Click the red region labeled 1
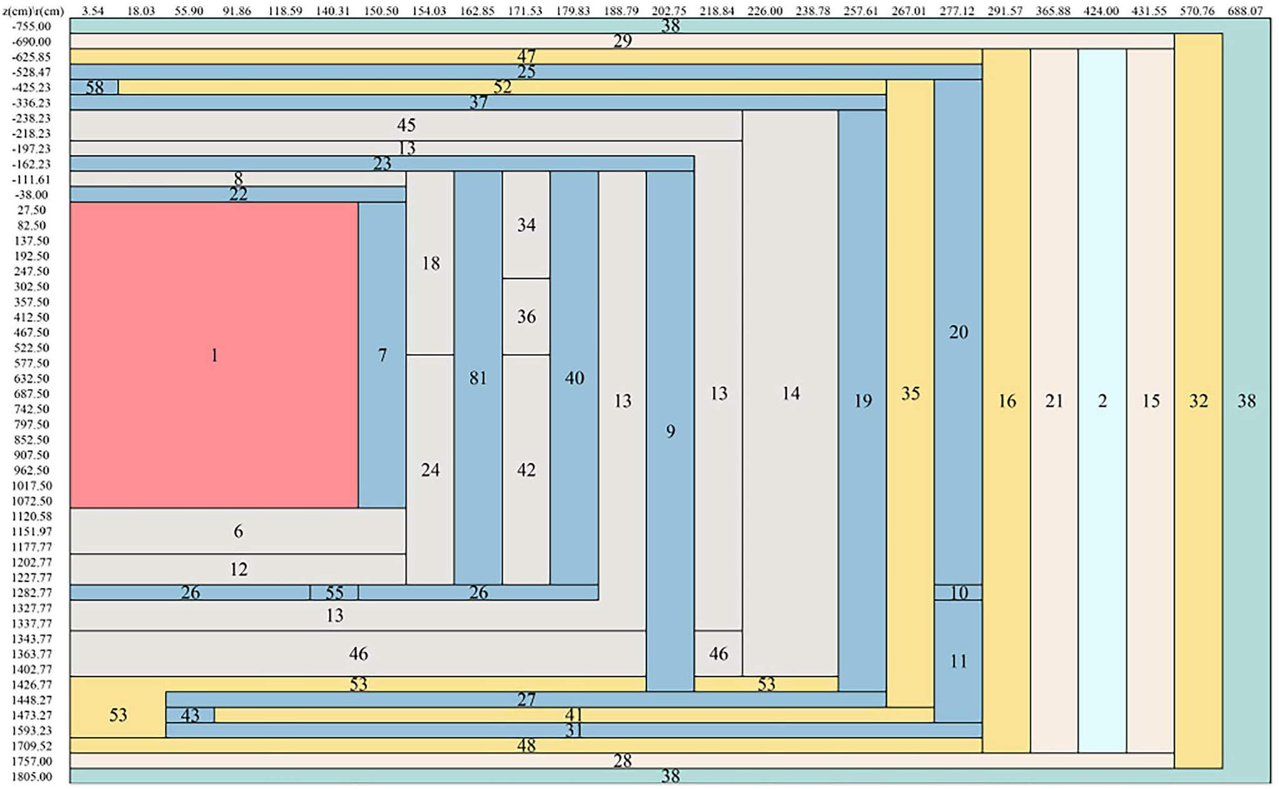tap(214, 355)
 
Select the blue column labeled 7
tap(382, 355)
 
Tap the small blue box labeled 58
tap(94, 87)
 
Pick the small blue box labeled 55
tap(334, 592)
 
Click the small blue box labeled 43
tap(190, 715)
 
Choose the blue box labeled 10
tap(958, 592)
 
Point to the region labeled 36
tap(526, 316)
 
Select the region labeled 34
tap(526, 225)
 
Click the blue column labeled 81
tap(478, 378)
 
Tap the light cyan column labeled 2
tap(1102, 401)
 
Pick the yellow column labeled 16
tap(1006, 401)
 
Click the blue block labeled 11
tap(958, 661)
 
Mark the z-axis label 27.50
tap(32, 210)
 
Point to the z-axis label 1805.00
tap(32, 776)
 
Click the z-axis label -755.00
tap(32, 26)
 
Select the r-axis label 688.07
tap(1245, 11)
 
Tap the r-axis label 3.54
tap(93, 11)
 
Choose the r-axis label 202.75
tap(669, 11)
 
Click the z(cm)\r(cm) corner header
tap(33, 11)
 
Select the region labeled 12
tap(238, 569)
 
